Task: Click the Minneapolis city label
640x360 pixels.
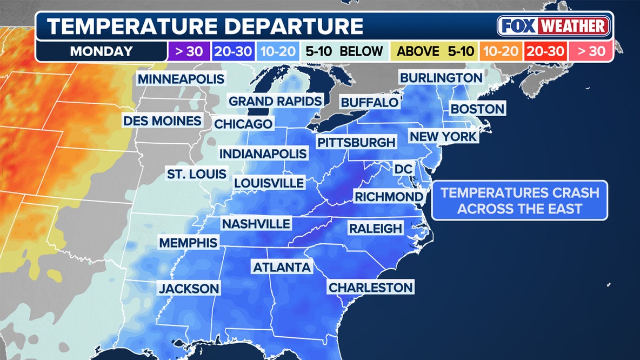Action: tap(181, 79)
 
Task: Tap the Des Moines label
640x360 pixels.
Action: tap(162, 121)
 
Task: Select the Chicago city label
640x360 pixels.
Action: tap(243, 124)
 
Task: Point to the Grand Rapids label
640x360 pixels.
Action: tap(275, 101)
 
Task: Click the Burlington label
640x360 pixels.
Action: tap(441, 77)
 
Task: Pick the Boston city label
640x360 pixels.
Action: tap(477, 109)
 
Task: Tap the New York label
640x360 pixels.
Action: tap(443, 136)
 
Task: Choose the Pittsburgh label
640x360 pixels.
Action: tap(356, 142)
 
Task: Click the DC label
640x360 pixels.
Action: tap(403, 169)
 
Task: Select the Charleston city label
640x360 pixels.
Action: tap(371, 287)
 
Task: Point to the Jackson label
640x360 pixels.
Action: tap(189, 289)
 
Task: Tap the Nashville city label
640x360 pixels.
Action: tap(256, 223)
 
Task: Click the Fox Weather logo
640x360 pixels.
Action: tap(554, 26)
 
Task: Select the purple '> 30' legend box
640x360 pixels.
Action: tap(185, 51)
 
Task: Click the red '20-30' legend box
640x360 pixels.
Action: tap(545, 51)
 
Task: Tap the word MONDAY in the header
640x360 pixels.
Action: tap(101, 51)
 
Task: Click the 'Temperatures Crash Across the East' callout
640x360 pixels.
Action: tap(519, 201)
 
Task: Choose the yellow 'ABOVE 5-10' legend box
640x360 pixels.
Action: tap(435, 51)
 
